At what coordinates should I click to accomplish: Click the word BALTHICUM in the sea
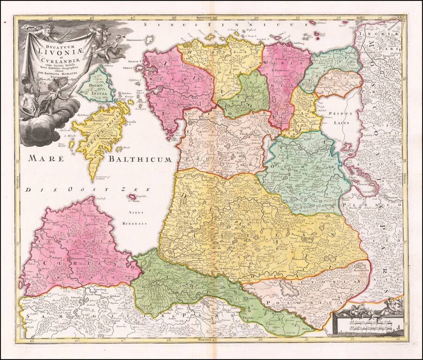tap(140, 159)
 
